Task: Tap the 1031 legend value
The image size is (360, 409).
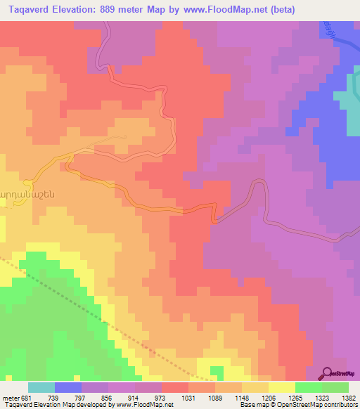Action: (188, 398)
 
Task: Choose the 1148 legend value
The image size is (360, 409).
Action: (243, 398)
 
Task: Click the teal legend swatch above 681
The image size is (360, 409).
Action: (41, 387)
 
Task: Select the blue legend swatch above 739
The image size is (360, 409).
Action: (68, 387)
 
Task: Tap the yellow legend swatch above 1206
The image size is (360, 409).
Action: (281, 387)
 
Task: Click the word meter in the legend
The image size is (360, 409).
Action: (10, 398)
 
